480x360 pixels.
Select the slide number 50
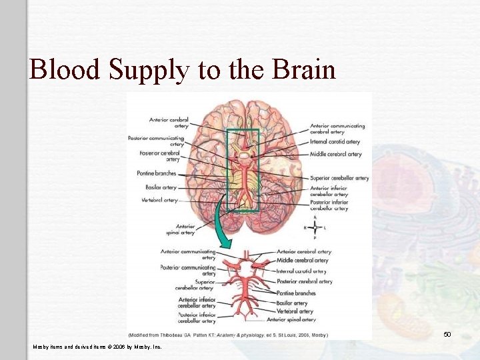click(447, 334)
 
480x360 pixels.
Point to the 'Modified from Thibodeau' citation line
click(227, 334)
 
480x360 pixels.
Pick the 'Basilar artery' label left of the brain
click(161, 187)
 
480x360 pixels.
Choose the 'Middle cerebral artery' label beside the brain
click(335, 154)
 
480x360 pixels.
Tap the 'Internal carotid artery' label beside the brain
click(335, 142)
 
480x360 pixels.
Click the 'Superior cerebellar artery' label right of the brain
click(339, 178)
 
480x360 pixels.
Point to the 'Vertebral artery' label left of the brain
click(160, 200)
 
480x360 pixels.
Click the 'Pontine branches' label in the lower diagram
click(297, 293)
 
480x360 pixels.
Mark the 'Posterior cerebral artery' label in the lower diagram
click(304, 281)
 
